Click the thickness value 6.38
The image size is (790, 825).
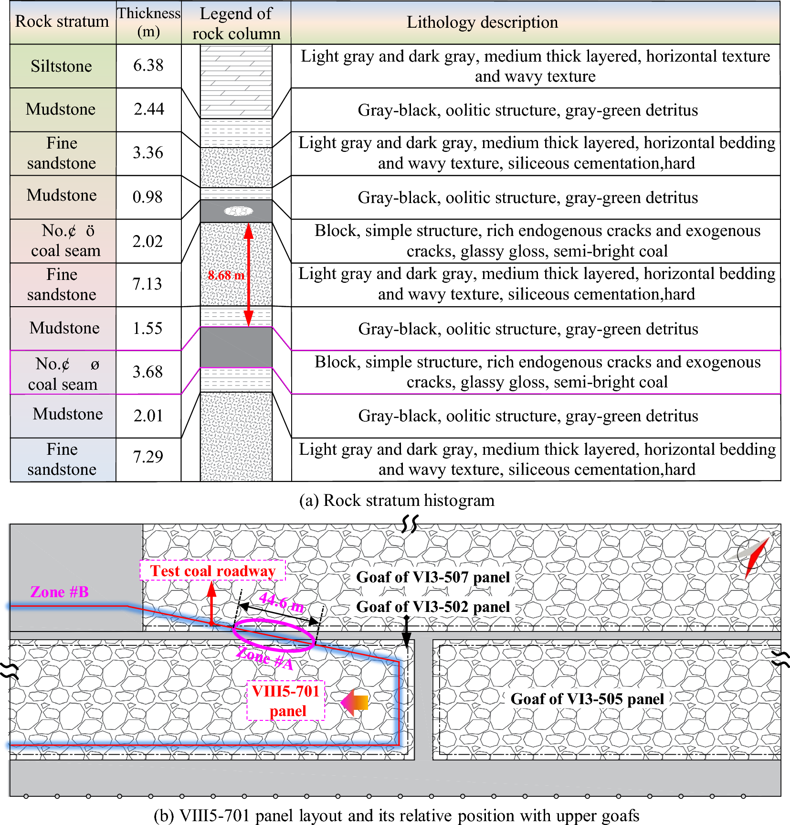point(148,65)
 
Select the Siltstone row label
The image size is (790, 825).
point(62,66)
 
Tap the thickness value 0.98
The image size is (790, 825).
point(148,197)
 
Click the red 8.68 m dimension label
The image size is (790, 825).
point(226,276)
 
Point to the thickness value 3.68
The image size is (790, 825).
point(148,372)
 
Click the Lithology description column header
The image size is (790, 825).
point(482,22)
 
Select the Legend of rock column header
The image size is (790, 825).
point(236,23)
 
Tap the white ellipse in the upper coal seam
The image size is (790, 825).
point(239,211)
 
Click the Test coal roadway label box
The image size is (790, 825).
point(213,571)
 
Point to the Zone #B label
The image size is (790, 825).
point(60,592)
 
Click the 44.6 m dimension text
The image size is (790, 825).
point(282,602)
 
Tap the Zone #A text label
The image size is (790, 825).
point(265,658)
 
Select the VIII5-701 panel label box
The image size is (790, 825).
point(286,701)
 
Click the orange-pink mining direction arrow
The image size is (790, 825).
point(355,702)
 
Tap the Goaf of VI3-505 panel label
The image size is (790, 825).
point(587,699)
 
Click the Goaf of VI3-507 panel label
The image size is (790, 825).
point(433,577)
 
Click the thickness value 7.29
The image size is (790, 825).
point(148,457)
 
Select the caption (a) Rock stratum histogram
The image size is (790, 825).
point(397,501)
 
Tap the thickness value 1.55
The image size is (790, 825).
point(148,328)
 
